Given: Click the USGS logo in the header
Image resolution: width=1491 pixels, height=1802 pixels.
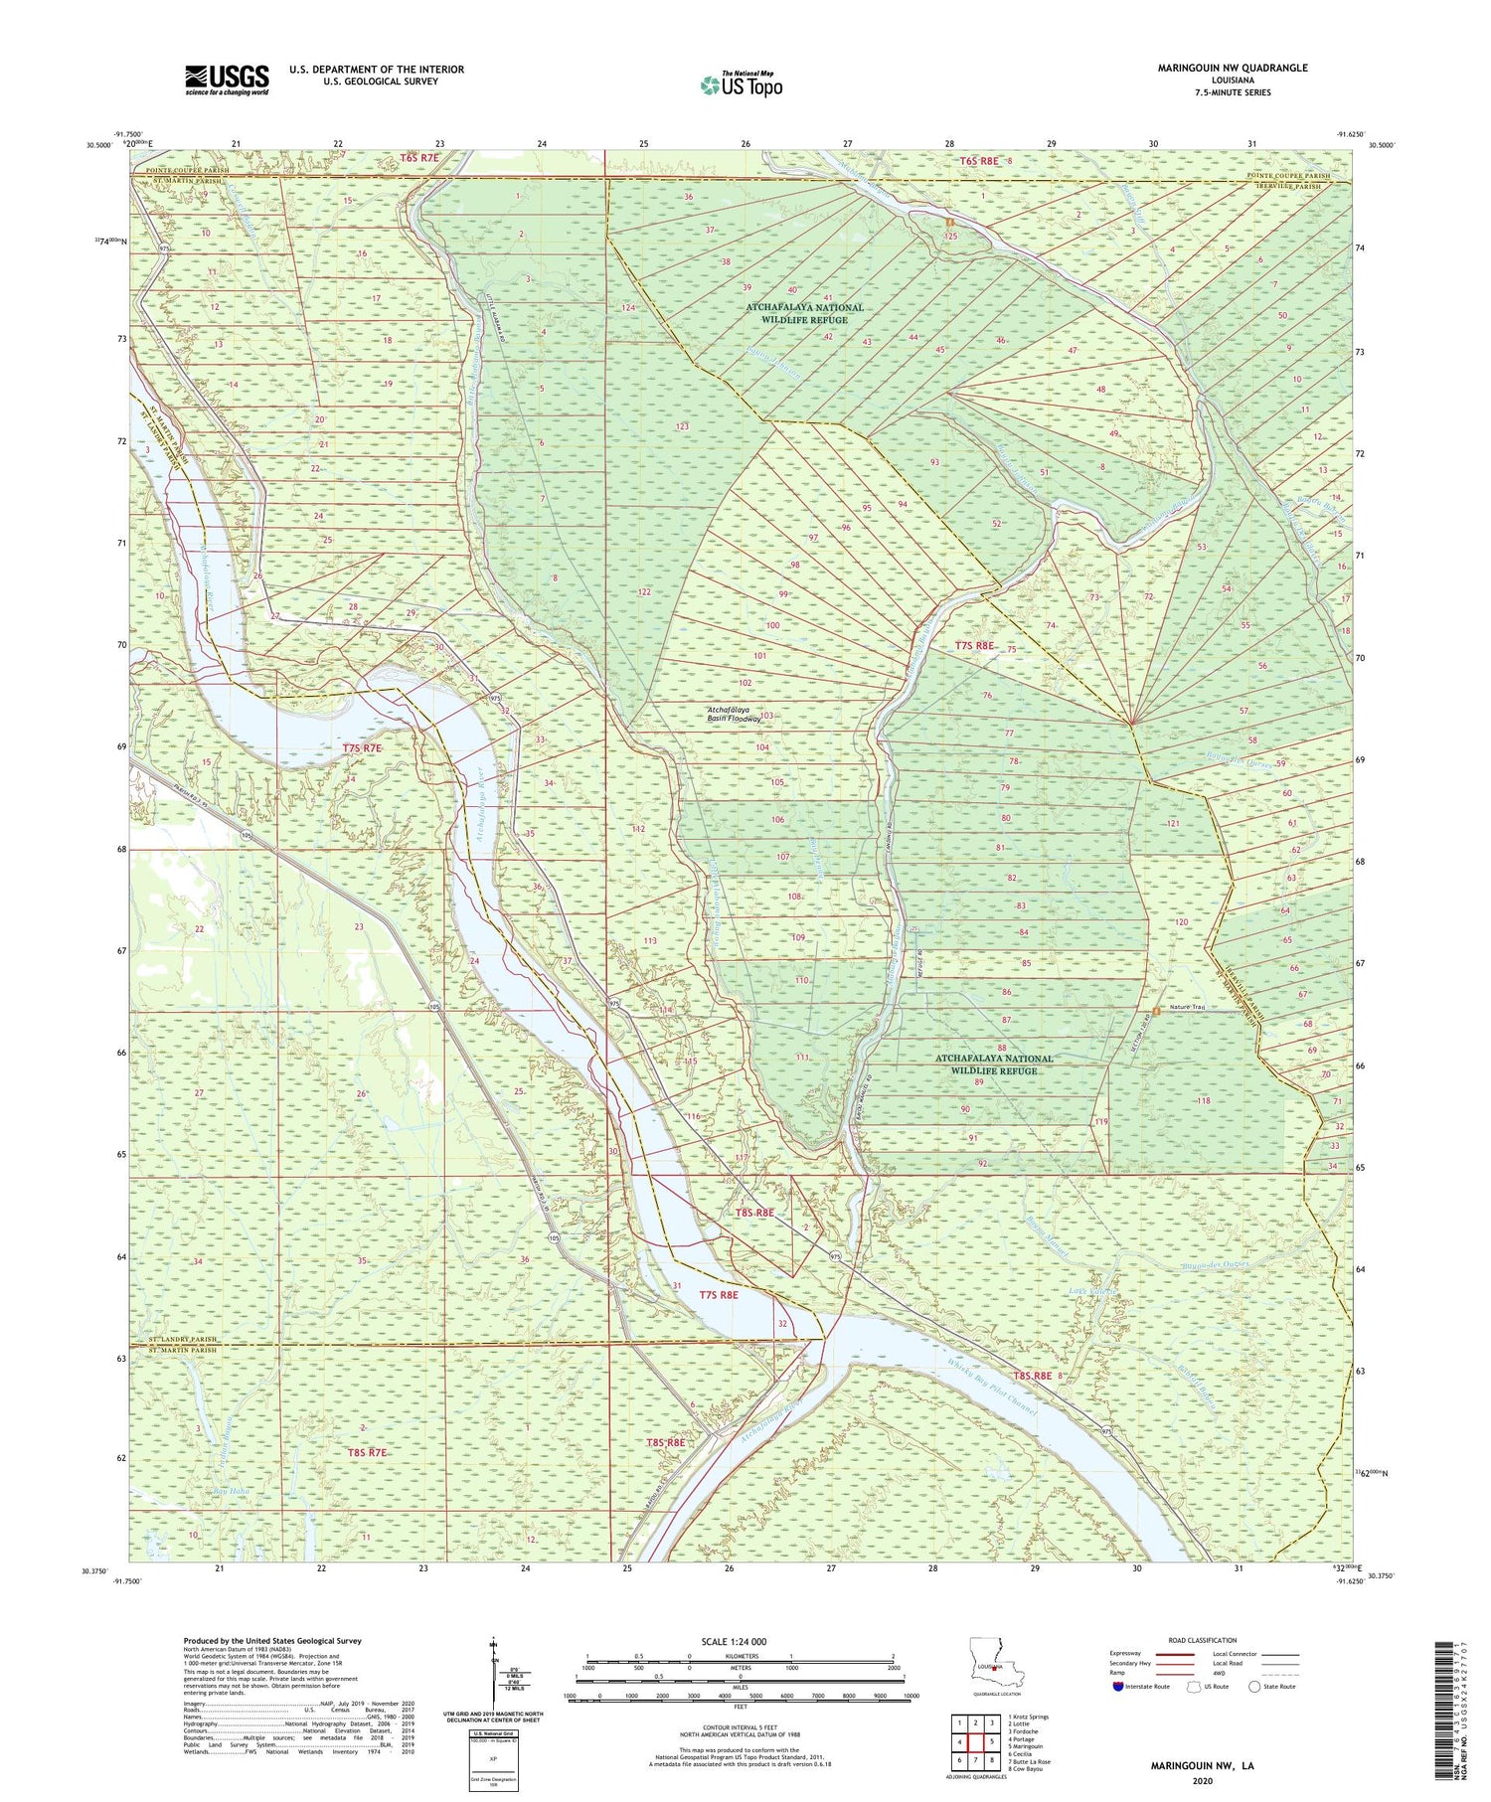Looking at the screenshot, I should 227,80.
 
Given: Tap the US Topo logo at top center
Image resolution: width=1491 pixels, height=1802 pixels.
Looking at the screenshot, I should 742,85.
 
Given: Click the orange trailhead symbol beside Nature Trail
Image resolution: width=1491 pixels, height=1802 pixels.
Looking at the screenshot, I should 1156,1011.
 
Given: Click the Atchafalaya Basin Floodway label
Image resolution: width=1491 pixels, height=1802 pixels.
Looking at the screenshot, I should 734,713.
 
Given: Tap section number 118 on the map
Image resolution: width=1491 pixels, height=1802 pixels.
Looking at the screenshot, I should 1204,1101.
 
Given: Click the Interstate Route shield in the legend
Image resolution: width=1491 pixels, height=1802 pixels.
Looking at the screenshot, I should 1118,1687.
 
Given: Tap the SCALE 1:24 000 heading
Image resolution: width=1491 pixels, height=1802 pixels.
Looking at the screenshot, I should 734,1641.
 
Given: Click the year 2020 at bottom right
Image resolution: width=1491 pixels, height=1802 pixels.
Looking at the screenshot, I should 1202,1780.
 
